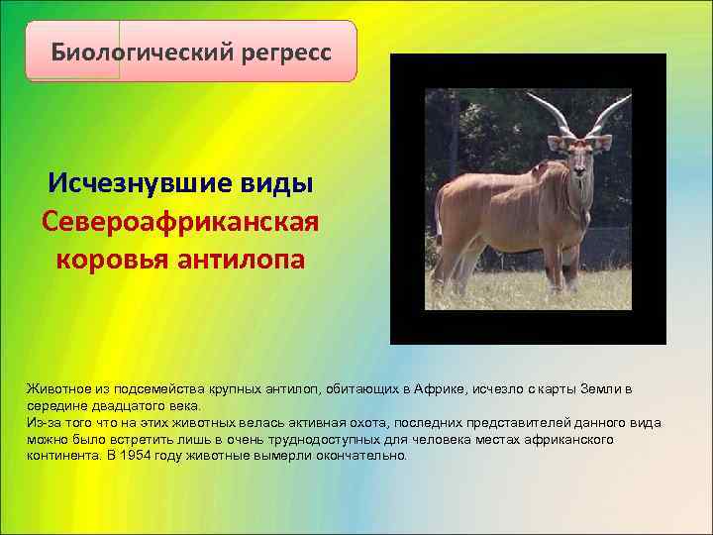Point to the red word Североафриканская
click(x=181, y=221)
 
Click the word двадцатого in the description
click(x=117, y=405)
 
